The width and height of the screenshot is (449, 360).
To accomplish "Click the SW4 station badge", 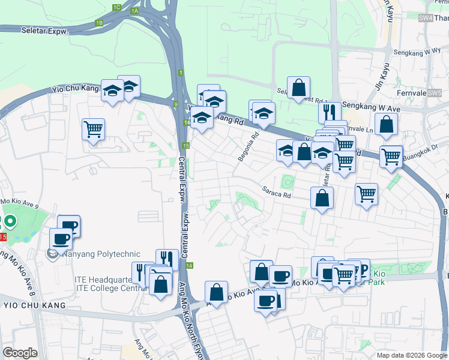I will (x=426, y=19).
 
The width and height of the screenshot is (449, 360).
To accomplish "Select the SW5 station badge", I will (x=434, y=93).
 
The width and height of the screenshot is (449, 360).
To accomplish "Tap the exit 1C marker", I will (x=116, y=7).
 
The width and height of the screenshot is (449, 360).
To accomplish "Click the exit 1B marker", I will (x=99, y=23).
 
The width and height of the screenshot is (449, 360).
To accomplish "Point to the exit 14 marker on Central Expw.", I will (x=190, y=265).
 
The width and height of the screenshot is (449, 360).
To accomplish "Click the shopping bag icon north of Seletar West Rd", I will (x=298, y=88).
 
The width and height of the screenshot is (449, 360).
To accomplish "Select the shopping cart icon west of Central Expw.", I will (x=94, y=129).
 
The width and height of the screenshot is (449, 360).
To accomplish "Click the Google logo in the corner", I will (x=20, y=353).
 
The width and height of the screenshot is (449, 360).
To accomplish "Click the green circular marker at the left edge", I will (x=10, y=221).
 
